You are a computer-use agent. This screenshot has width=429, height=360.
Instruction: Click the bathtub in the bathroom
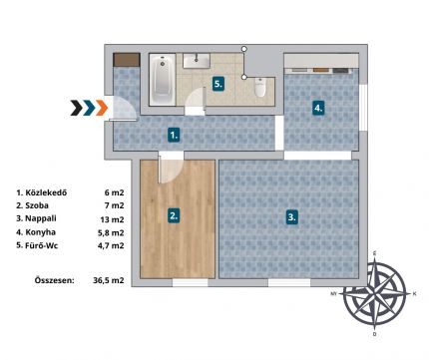(163, 80)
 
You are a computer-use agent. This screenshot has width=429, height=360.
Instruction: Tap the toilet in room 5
(260, 88)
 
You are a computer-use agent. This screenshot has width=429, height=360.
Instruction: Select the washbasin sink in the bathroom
(197, 61)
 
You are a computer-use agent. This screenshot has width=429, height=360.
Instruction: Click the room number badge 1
(175, 136)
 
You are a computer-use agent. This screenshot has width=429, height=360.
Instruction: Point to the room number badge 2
(175, 216)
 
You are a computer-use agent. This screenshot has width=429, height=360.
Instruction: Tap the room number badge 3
(291, 217)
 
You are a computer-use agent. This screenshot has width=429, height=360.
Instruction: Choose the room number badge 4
(318, 108)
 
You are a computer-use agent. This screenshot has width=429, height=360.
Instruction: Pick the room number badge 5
(217, 84)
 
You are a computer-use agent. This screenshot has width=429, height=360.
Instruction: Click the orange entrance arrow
(102, 108)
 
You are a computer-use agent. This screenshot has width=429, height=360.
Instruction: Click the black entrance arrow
(77, 108)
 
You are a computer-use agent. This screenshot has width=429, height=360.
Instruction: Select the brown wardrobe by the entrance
(126, 60)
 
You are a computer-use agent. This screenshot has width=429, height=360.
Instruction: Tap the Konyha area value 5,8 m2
(111, 232)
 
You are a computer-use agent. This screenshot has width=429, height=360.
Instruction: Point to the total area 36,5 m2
(109, 280)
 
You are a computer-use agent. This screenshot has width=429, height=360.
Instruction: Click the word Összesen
(54, 280)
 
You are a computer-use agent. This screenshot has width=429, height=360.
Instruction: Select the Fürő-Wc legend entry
(37, 245)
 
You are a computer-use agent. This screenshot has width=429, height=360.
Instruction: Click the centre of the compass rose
(375, 294)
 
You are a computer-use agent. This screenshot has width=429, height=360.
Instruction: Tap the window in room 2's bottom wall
(190, 282)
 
